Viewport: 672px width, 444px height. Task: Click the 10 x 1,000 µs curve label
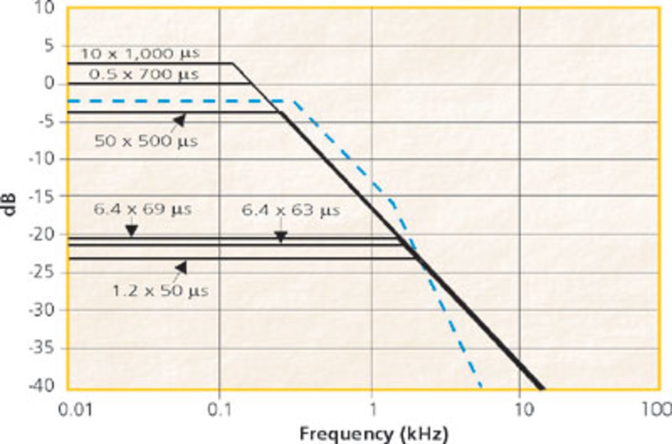point(140,54)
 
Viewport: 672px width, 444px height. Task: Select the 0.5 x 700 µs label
point(143,75)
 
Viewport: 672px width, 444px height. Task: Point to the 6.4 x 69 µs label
point(142,210)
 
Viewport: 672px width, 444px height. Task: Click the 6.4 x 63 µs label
point(291,211)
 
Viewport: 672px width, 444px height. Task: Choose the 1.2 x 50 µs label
point(160,291)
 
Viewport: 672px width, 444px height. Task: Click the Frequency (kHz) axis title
point(374,433)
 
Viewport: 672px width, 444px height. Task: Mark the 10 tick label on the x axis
point(520,408)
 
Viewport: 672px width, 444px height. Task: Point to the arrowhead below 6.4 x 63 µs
point(281,237)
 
